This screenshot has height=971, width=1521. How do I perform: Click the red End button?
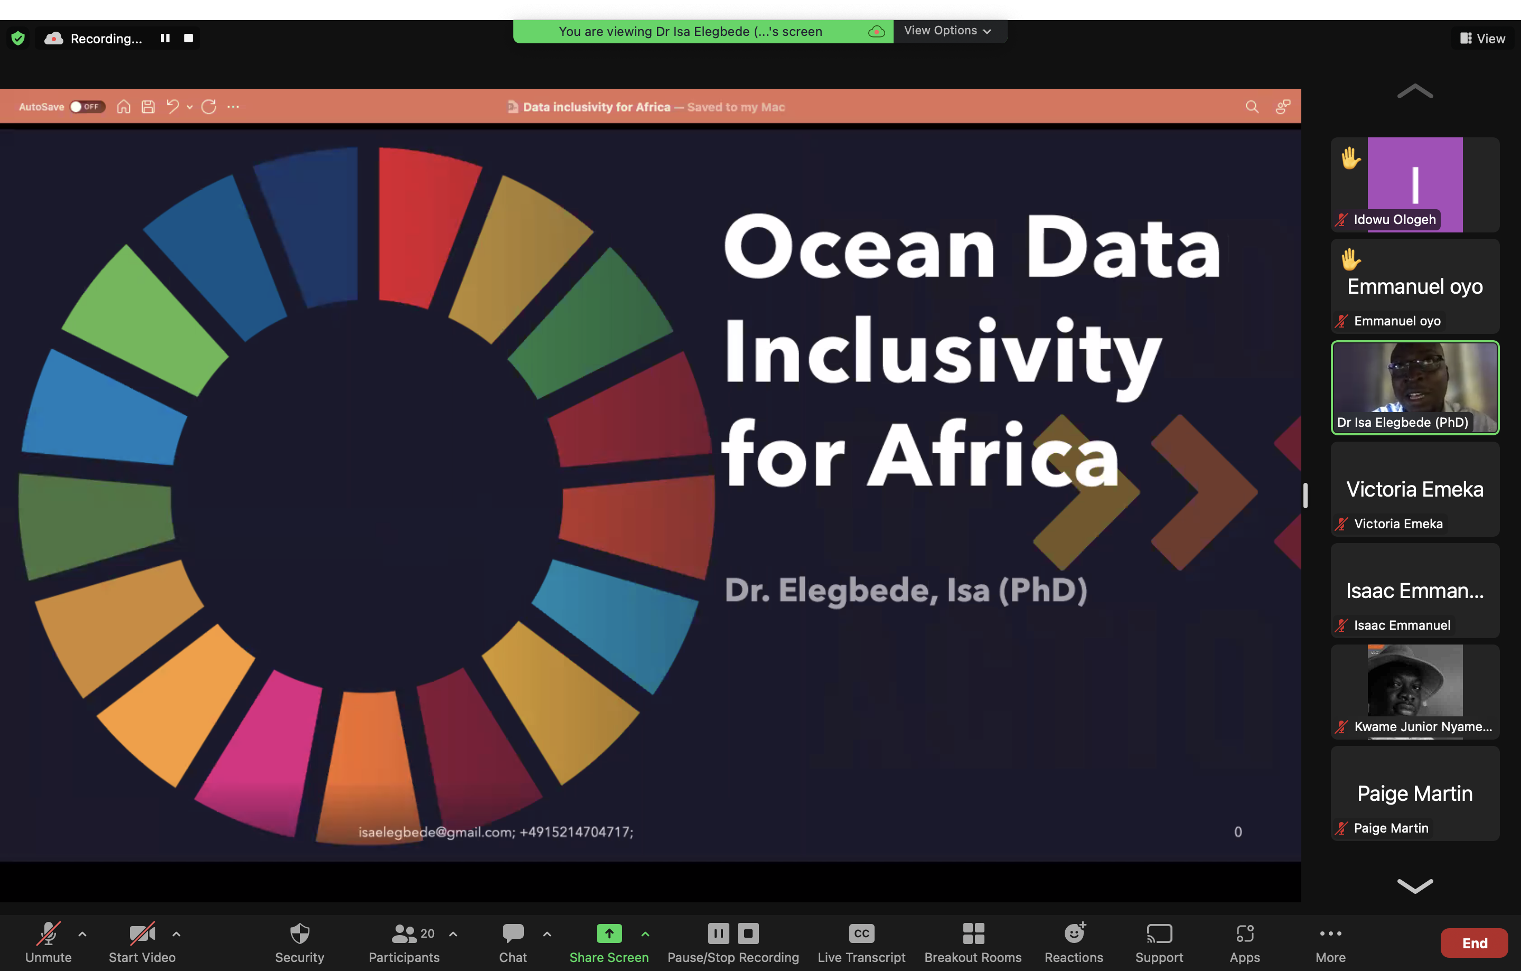[1474, 942]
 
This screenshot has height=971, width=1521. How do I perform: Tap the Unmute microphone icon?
[48, 933]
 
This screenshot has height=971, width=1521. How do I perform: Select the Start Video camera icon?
[142, 933]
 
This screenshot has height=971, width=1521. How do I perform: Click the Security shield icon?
[299, 933]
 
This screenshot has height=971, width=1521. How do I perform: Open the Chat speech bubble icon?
[513, 932]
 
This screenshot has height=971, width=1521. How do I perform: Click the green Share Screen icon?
[609, 933]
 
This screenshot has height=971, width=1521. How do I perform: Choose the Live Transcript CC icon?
[861, 933]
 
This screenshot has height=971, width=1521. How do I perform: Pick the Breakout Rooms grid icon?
[973, 933]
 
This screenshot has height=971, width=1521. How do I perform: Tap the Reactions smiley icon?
[1074, 932]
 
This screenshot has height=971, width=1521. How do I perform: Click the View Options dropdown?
[947, 30]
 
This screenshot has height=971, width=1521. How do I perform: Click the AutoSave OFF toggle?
[87, 107]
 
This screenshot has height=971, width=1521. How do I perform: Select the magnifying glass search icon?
[1252, 107]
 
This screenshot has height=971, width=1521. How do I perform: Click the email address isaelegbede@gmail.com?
[436, 832]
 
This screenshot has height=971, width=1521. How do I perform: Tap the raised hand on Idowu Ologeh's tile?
[1350, 158]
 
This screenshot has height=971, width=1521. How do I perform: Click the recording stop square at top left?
[188, 38]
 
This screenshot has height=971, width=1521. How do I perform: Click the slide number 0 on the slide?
[1238, 832]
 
